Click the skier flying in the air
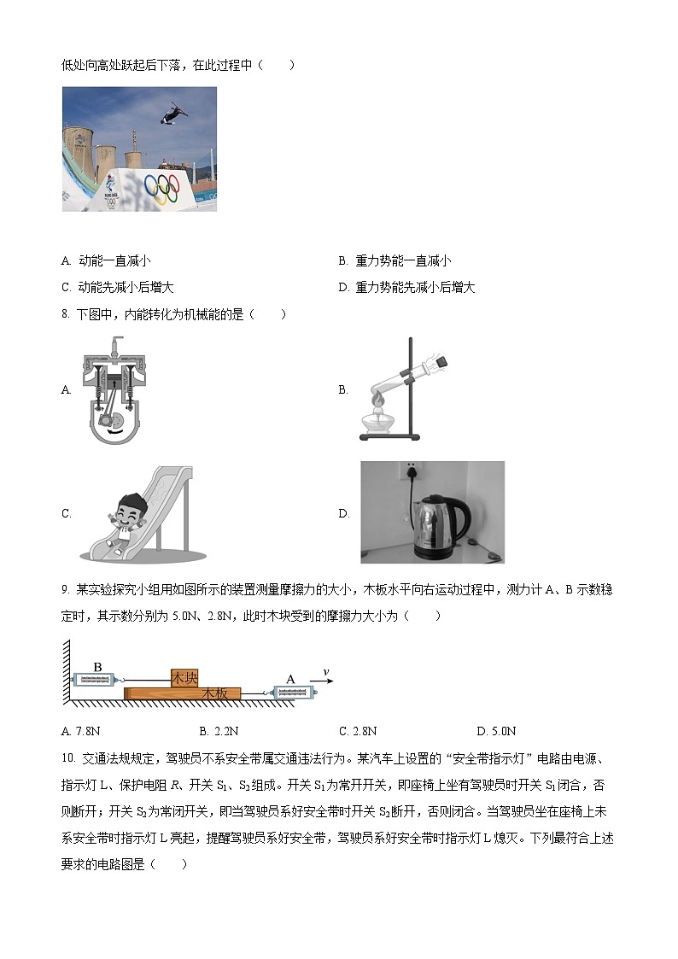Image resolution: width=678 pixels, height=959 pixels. click(176, 111)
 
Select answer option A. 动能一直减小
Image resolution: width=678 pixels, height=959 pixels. click(106, 261)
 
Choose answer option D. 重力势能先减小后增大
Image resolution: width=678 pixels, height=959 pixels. click(406, 288)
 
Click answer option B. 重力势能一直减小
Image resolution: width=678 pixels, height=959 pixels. click(395, 261)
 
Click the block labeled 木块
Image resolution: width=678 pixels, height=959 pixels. click(184, 678)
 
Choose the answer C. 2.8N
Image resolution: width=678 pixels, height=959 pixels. click(358, 731)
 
